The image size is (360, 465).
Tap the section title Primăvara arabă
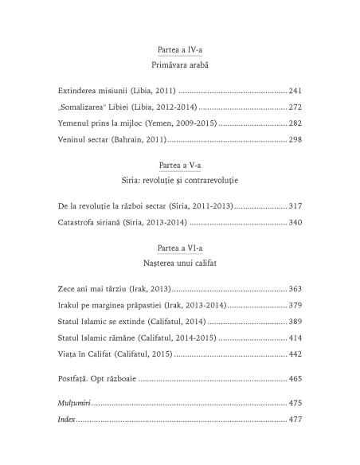click(x=180, y=64)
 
